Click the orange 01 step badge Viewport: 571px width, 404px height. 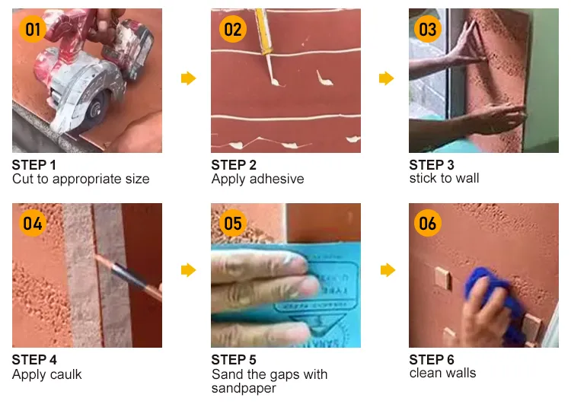tap(33, 30)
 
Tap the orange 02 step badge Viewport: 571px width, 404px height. tap(232, 30)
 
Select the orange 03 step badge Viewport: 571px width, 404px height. tap(428, 30)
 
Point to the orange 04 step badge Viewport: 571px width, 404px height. tap(33, 224)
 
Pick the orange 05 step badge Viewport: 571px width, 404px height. tap(232, 224)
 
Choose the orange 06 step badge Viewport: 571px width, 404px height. tap(428, 224)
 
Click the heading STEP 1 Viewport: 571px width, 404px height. tap(34, 165)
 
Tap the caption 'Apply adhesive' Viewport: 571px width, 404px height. tap(257, 180)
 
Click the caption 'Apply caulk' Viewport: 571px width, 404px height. tap(47, 374)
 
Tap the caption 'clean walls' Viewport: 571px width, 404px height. tap(442, 373)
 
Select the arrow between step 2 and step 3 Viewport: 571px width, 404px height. tap(386, 78)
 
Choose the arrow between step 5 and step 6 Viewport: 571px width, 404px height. tap(386, 270)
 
